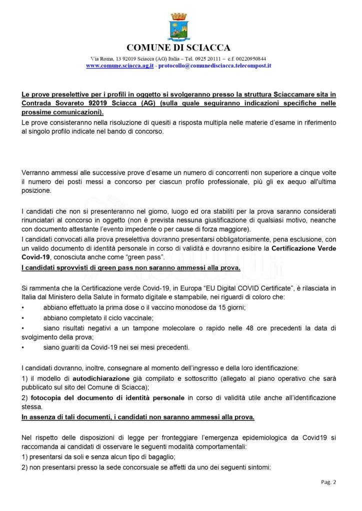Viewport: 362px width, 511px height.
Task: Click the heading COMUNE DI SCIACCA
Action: tap(178, 48)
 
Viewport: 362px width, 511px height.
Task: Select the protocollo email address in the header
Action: tap(214, 65)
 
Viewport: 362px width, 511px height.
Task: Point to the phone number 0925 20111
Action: tap(215, 58)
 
